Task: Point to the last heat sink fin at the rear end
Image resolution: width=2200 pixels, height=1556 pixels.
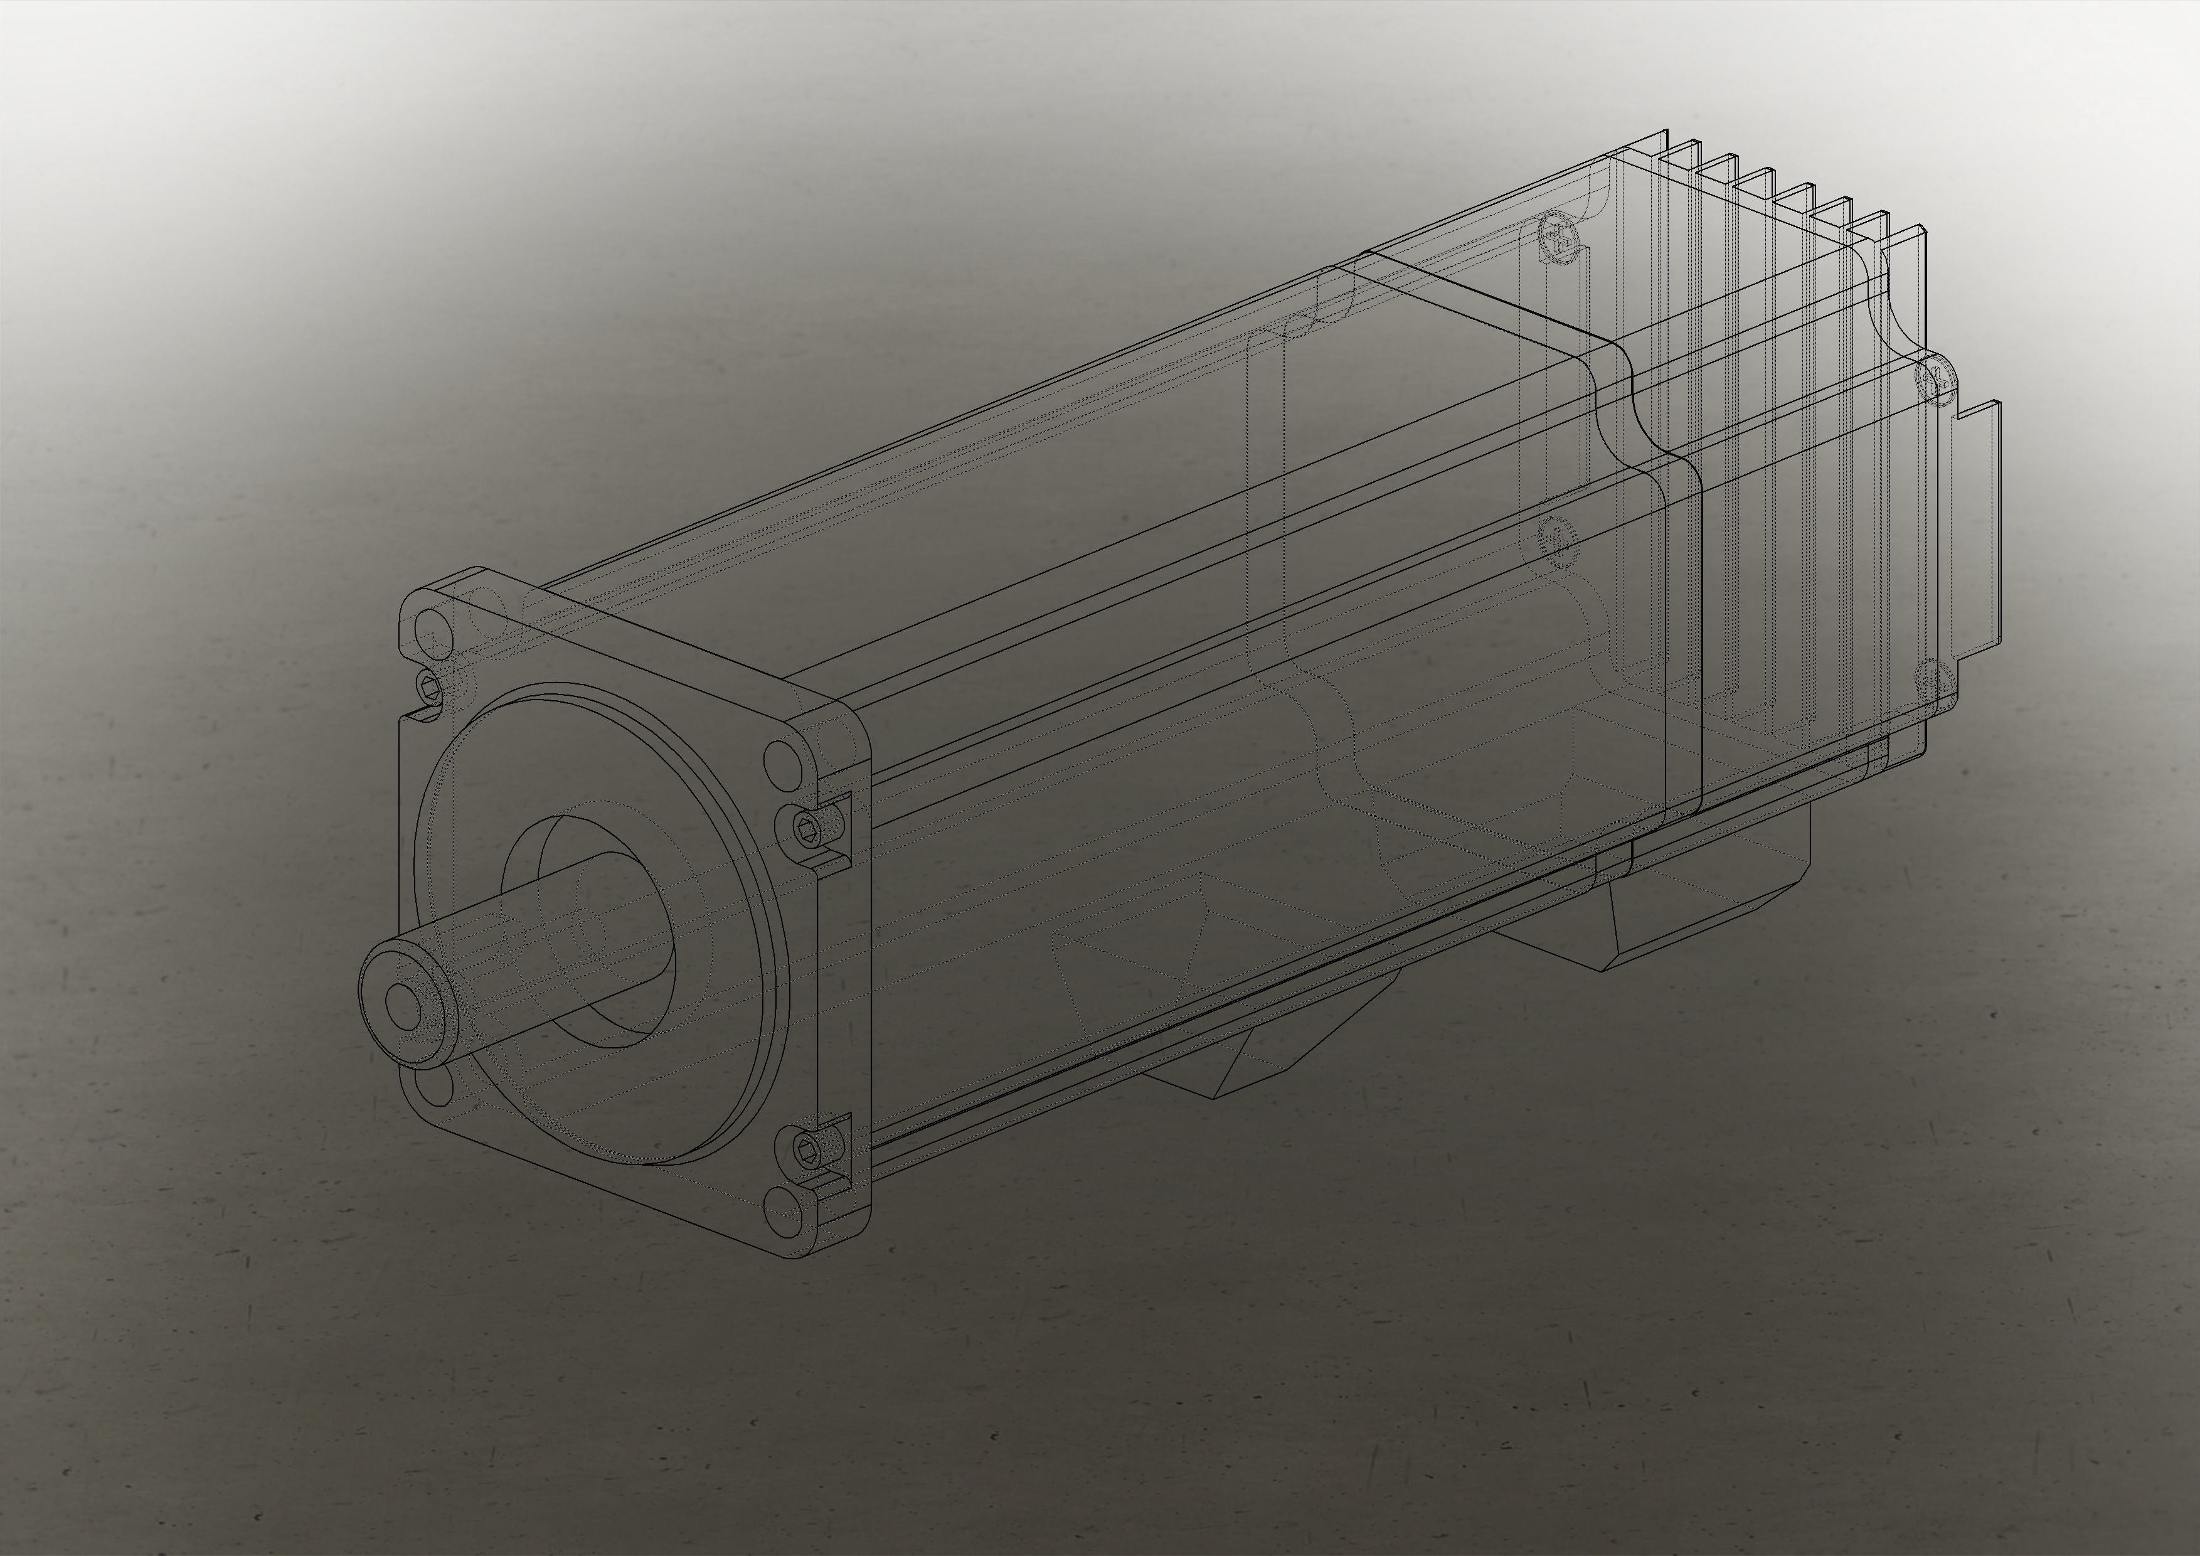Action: pyautogui.click(x=1907, y=249)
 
